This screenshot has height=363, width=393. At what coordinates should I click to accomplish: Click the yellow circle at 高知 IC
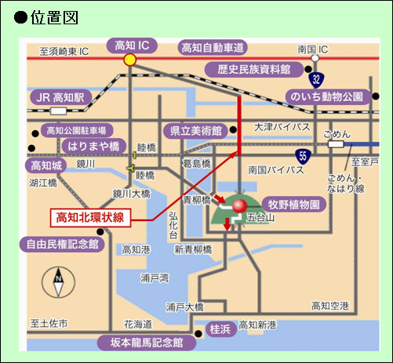[130, 60]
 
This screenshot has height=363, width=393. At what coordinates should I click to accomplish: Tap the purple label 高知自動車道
[213, 48]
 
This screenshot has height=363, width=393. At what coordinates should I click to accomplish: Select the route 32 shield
[316, 79]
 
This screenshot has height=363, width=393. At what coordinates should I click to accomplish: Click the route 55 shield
[303, 156]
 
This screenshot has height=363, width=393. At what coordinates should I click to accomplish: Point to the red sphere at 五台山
[239, 205]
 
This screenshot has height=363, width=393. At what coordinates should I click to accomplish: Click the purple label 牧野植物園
[294, 204]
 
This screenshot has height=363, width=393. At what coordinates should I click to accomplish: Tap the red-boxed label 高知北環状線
[90, 217]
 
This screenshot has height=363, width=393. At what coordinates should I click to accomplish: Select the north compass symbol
[58, 282]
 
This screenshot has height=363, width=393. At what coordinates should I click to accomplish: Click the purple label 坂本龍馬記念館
[147, 343]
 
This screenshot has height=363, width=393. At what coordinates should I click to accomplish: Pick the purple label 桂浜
[220, 329]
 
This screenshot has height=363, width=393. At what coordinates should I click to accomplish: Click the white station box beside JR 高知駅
[59, 111]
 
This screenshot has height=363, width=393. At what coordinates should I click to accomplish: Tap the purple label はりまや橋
[93, 146]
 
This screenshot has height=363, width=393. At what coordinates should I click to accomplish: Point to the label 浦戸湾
[155, 278]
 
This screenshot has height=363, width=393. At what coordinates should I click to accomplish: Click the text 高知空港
[330, 306]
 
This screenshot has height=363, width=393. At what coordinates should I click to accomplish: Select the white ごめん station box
[336, 144]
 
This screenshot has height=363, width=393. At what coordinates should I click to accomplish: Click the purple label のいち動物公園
[328, 96]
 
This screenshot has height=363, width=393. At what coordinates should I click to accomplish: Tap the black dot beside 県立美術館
[233, 129]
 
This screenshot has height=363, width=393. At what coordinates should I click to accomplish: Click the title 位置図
[54, 17]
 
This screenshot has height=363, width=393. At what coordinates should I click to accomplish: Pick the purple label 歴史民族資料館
[254, 70]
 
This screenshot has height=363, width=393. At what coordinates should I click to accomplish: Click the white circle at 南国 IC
[315, 58]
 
